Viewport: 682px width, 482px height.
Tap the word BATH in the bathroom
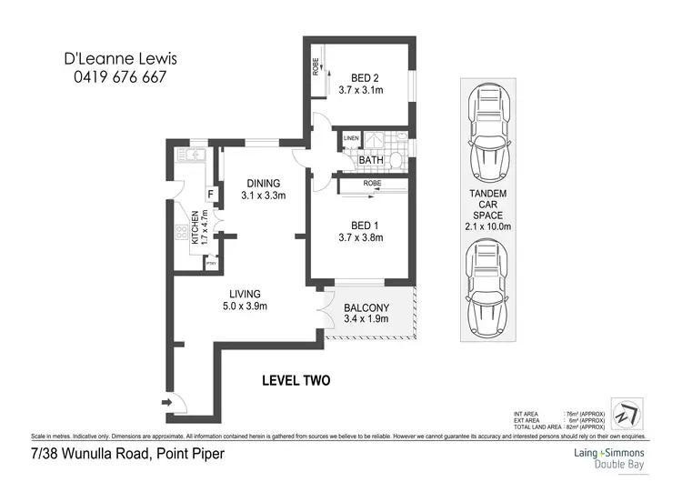[x=372, y=161]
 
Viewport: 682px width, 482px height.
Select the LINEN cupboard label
[x=351, y=139]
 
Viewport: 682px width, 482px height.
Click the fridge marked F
[x=210, y=194]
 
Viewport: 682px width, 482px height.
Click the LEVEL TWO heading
[x=296, y=380]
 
